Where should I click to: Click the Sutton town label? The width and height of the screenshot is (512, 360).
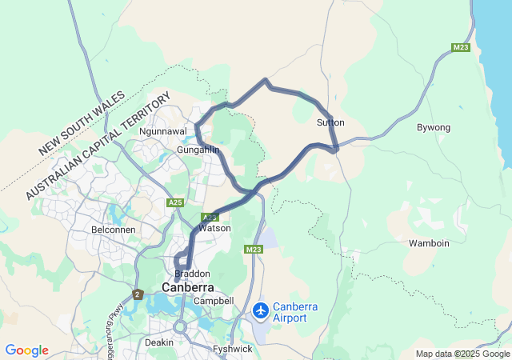[x=330, y=122]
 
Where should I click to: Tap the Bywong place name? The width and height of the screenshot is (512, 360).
[x=434, y=127]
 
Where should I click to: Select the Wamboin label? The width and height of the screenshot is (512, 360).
[x=429, y=242]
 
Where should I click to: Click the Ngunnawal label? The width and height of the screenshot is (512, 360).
[x=162, y=130]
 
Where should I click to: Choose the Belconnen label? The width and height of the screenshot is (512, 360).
[x=114, y=229]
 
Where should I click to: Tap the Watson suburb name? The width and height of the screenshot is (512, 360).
[x=214, y=228]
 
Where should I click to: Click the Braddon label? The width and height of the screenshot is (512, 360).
[x=192, y=273]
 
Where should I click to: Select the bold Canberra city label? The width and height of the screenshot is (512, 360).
[x=188, y=287]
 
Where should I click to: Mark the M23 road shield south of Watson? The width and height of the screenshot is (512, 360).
[x=254, y=250]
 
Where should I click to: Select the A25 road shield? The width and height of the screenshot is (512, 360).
[x=177, y=203]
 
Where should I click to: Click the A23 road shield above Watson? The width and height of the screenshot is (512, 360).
[x=210, y=217]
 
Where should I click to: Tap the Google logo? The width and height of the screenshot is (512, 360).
[x=26, y=350]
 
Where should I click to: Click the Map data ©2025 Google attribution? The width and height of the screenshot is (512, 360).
[x=462, y=354]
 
